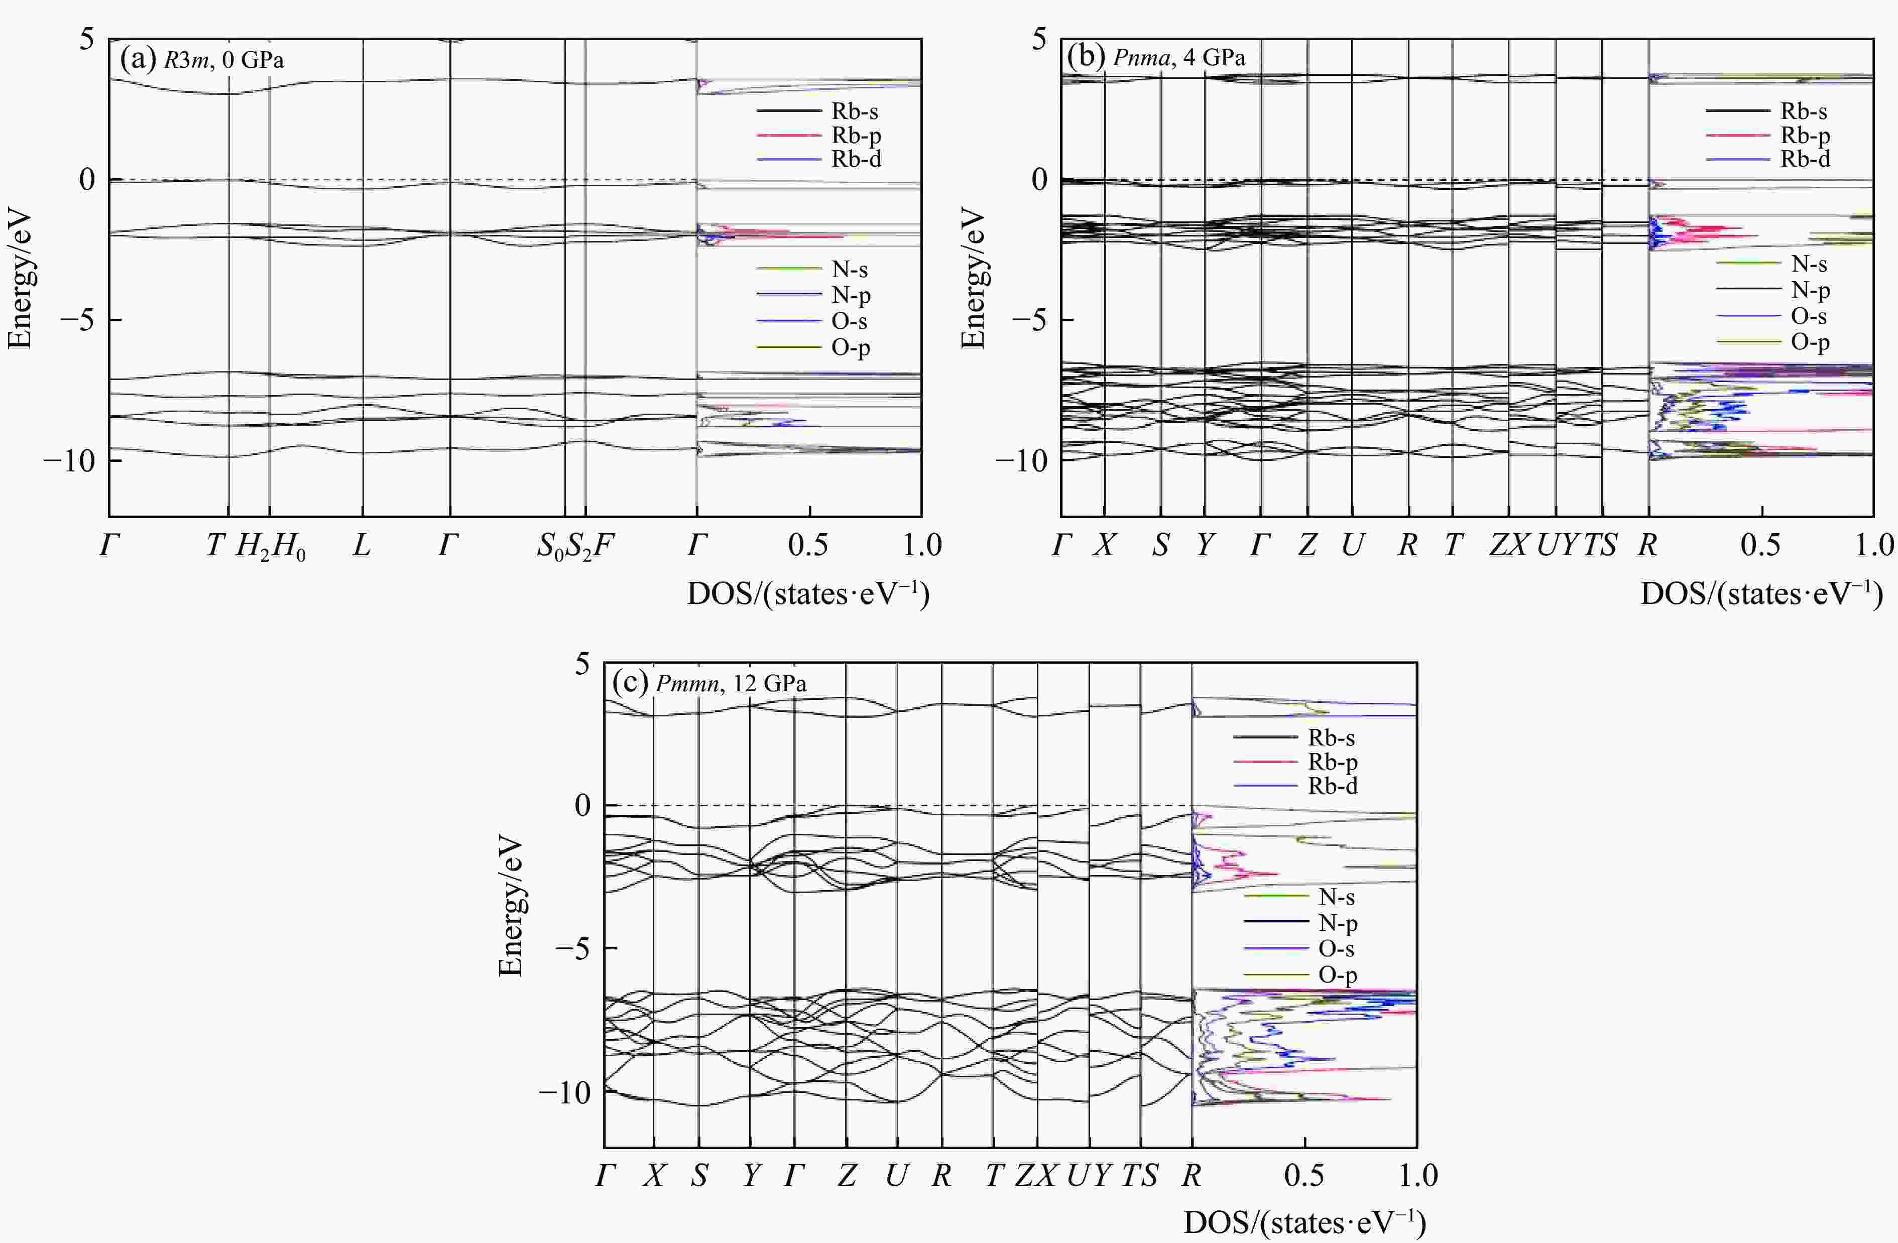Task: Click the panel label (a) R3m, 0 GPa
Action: (202, 60)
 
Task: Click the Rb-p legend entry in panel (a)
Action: (856, 136)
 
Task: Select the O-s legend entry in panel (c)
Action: (1336, 949)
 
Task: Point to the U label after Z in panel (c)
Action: (896, 1175)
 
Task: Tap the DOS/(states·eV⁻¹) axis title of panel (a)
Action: (808, 594)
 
